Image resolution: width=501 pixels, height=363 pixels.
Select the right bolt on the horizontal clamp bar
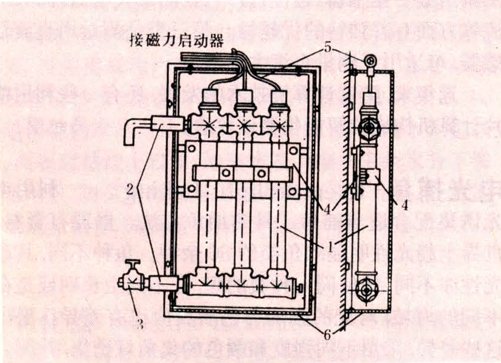260,174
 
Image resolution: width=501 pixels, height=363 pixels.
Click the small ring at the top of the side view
369,60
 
